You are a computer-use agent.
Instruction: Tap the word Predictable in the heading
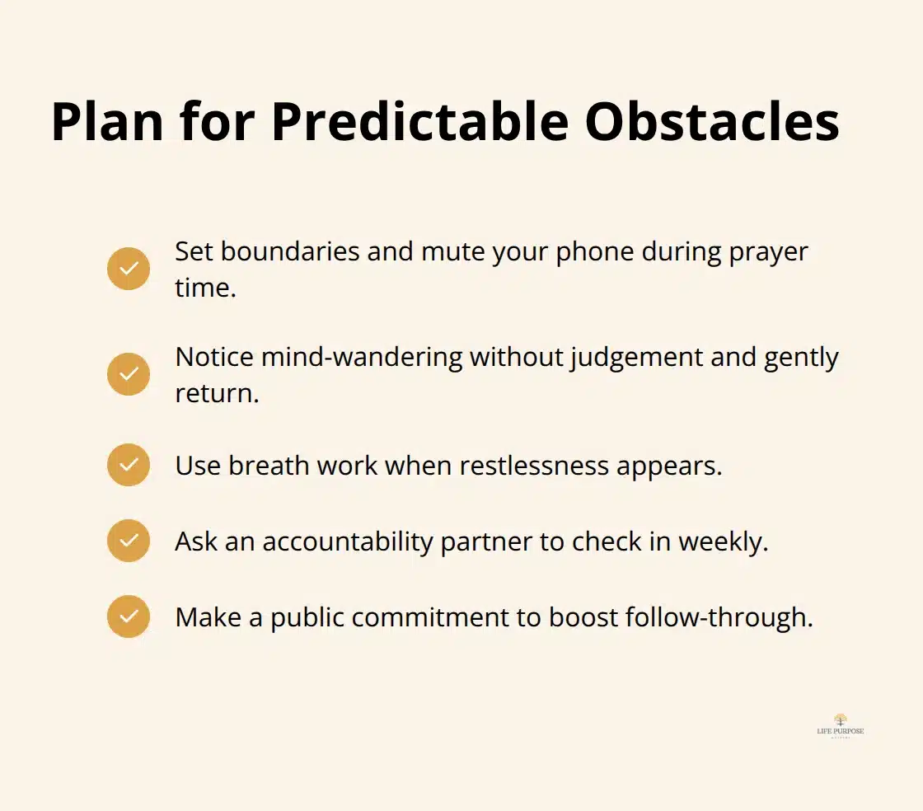tap(420, 121)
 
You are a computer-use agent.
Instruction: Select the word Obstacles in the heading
tap(712, 121)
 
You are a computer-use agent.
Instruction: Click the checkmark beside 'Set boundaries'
tap(129, 269)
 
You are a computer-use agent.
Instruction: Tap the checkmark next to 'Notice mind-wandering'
tap(129, 374)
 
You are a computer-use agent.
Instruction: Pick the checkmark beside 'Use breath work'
tap(129, 465)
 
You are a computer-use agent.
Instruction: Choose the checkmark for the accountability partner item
tap(129, 541)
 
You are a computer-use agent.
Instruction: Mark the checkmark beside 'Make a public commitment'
tap(129, 616)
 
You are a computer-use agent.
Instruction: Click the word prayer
tap(768, 251)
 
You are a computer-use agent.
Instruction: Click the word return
tap(216, 393)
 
